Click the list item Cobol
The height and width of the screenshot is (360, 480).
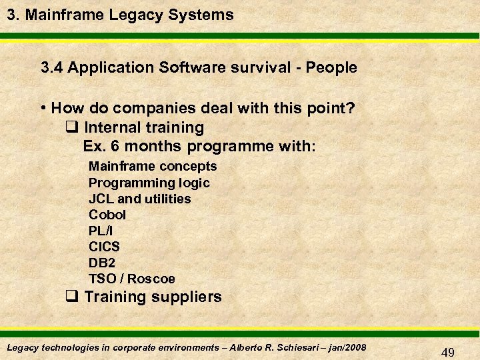[107, 215]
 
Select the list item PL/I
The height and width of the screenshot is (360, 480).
[101, 231]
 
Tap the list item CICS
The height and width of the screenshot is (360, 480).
[104, 247]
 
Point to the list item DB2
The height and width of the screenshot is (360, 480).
[102, 263]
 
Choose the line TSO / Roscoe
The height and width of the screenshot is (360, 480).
[132, 279]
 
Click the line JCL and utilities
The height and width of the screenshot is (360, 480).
[139, 199]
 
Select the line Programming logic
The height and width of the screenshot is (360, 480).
[149, 183]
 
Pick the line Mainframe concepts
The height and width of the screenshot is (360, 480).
[153, 166]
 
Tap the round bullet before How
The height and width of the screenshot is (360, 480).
[43, 108]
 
